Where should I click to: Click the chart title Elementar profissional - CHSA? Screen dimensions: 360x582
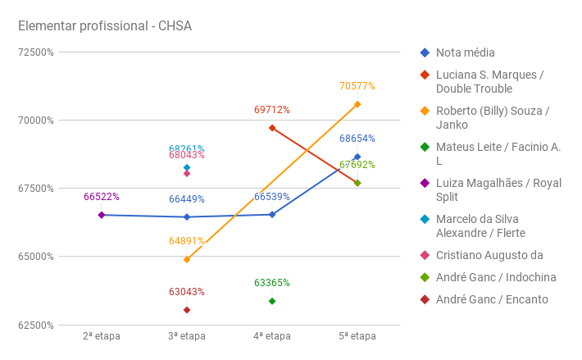point(105,26)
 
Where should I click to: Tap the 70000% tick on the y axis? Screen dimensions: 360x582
point(36,120)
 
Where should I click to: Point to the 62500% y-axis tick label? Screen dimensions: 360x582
point(36,325)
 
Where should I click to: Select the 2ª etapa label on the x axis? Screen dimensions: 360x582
point(102,336)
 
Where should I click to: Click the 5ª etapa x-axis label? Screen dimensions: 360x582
point(357,336)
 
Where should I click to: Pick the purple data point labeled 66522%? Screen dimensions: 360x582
point(102,215)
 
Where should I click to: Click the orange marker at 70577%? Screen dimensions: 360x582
point(357,104)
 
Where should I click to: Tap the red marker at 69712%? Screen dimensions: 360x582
point(272,128)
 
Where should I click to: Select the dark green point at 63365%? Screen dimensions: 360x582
point(272,301)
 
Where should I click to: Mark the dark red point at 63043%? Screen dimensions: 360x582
point(187,310)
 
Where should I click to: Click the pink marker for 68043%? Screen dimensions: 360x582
point(187,173)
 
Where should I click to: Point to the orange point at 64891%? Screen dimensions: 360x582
point(187,259)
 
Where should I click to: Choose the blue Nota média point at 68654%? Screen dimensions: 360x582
point(357,157)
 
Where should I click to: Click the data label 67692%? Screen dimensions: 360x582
point(357,165)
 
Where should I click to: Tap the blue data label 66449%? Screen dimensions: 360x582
point(187,198)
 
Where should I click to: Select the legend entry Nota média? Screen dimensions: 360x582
point(466,52)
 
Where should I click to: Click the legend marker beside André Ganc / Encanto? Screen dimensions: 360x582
point(425,299)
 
